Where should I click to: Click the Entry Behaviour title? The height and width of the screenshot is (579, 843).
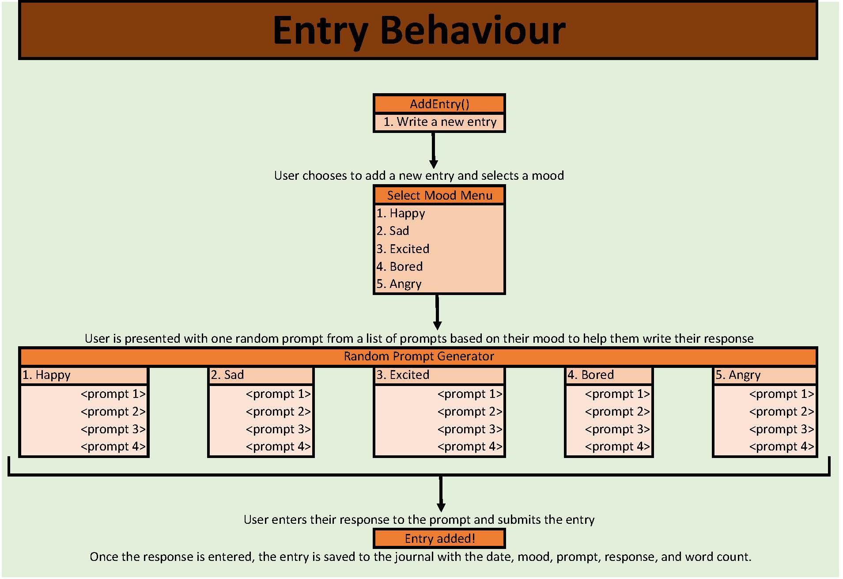pos(419,30)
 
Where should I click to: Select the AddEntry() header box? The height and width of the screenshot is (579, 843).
pos(439,104)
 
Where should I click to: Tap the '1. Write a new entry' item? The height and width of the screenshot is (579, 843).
pos(439,122)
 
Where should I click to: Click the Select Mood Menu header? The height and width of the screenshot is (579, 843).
pos(439,195)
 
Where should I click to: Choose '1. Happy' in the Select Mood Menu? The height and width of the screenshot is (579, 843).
pos(401,213)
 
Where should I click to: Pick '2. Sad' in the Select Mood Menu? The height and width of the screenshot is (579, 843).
pos(393,231)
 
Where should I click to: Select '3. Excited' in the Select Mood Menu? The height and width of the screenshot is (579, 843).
pos(403,249)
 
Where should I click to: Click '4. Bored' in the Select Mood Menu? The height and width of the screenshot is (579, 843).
pos(400,266)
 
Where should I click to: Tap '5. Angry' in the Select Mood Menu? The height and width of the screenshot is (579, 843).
pos(399,284)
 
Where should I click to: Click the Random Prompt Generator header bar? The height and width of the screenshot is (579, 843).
pos(419,356)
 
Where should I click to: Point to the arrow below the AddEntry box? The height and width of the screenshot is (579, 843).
pos(434,150)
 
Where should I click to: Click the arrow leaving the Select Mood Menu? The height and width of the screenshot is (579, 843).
pos(437,312)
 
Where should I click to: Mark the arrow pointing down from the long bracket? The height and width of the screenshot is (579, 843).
pos(441,494)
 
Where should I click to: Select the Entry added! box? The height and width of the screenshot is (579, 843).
pos(439,538)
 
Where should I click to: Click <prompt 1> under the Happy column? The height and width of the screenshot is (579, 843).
pos(113,394)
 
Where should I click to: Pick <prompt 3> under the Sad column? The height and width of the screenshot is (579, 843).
pos(278,429)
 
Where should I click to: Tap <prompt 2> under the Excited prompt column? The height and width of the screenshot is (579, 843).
pos(470,412)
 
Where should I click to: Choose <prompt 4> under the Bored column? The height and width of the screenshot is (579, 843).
pos(617,447)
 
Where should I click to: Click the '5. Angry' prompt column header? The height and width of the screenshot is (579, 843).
pos(765,375)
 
